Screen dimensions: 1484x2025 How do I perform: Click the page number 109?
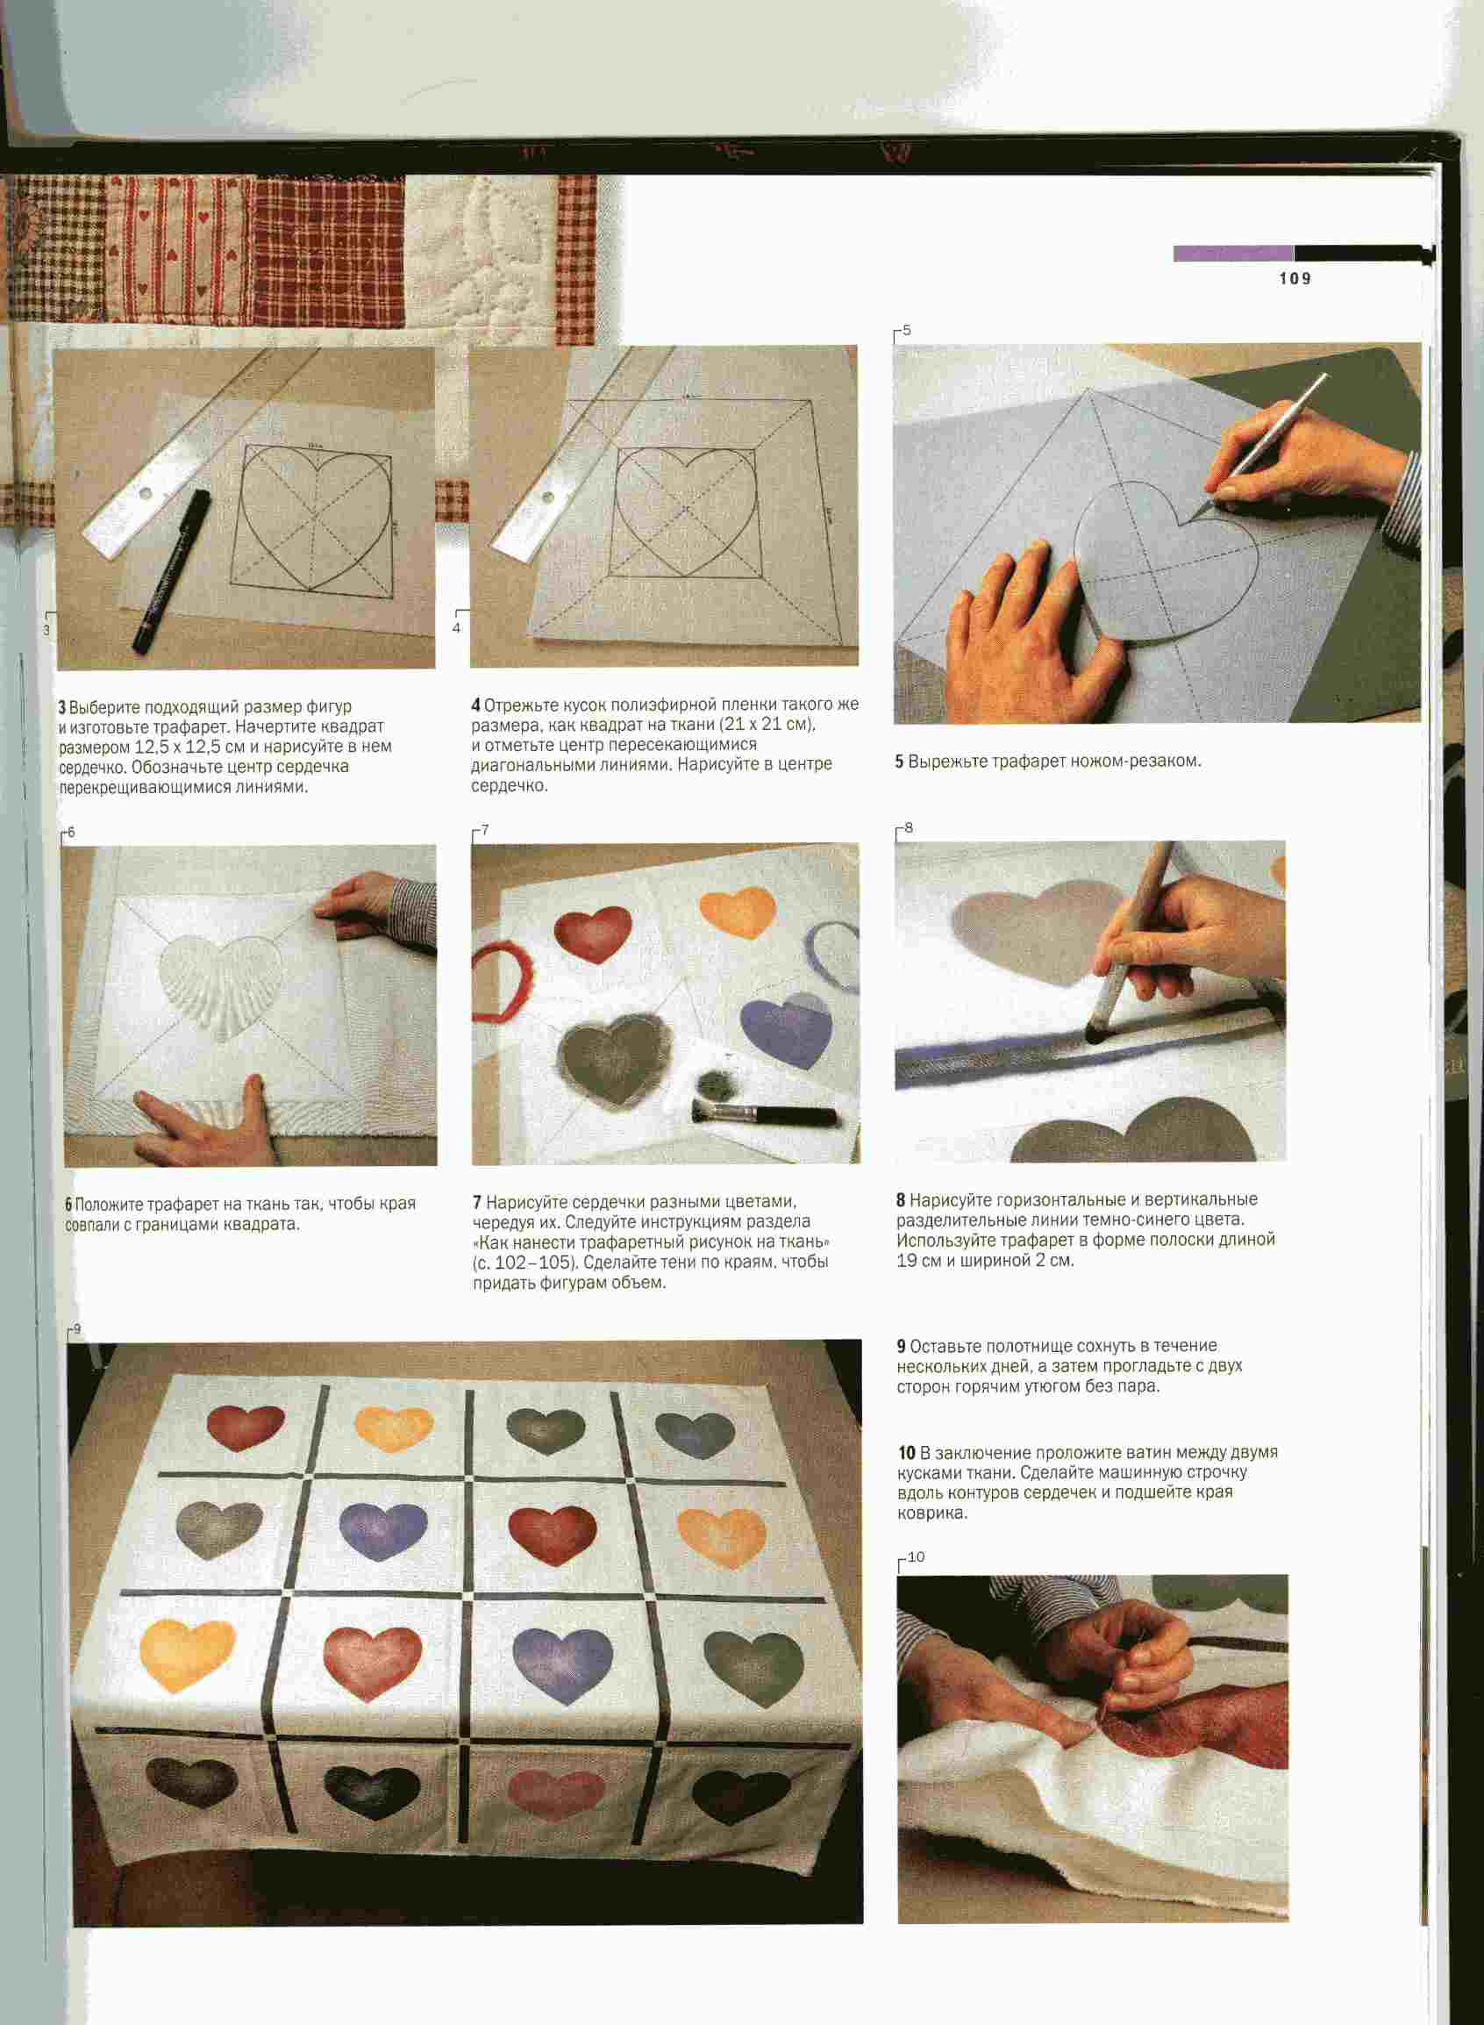click(x=1295, y=278)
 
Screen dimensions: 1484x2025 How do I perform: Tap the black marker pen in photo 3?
click(x=172, y=569)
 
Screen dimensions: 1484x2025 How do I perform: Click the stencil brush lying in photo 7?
click(x=765, y=1114)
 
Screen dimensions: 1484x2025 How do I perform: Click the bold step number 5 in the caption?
click(x=899, y=762)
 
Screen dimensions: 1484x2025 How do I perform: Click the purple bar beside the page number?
click(x=1232, y=254)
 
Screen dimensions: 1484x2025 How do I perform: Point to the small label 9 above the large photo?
click(x=77, y=1327)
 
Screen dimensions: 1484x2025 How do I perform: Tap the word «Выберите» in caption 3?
click(x=103, y=707)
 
